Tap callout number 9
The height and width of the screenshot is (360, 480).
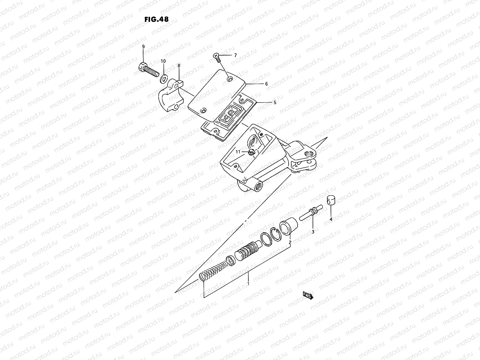tap(143, 46)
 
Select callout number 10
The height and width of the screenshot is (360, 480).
tap(163, 61)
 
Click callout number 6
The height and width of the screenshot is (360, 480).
tap(266, 84)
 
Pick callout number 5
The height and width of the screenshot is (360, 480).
tap(274, 102)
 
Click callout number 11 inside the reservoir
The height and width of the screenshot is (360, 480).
tap(238, 152)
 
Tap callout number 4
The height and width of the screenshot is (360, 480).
tap(331, 219)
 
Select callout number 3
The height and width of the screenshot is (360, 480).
tap(313, 232)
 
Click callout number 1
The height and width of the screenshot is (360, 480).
tap(248, 283)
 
